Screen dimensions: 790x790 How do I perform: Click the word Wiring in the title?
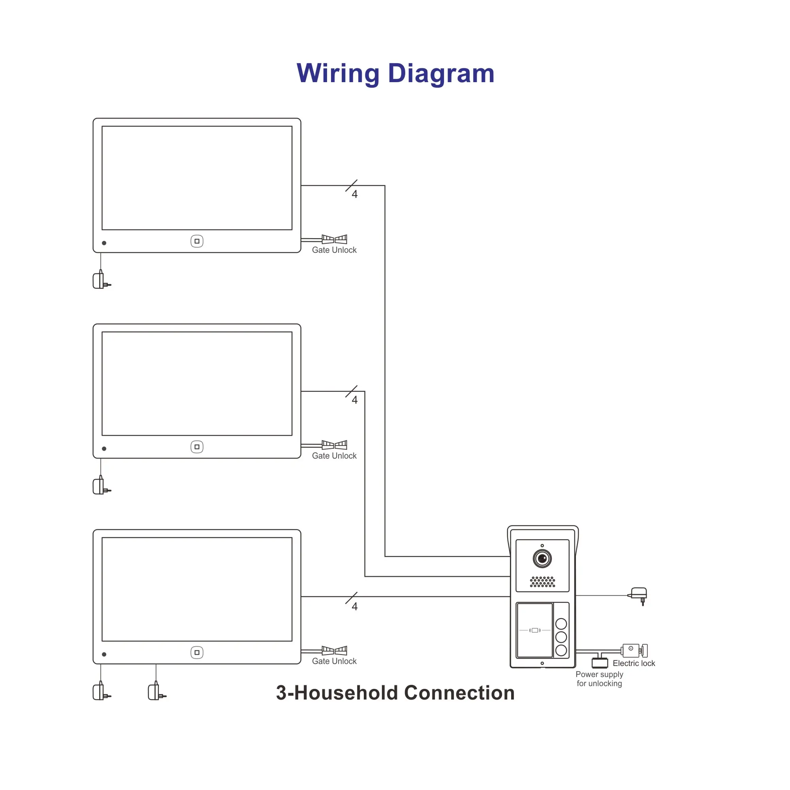pyautogui.click(x=338, y=73)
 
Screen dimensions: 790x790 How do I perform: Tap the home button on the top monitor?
pyautogui.click(x=197, y=241)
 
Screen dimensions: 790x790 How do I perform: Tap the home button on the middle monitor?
pyautogui.click(x=197, y=447)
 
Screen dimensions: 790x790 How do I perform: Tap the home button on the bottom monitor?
pyautogui.click(x=197, y=653)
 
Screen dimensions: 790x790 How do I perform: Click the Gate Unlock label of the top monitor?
pyautogui.click(x=334, y=250)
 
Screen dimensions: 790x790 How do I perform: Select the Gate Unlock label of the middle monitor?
pyautogui.click(x=334, y=456)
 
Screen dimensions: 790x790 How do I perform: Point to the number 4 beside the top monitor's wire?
pyautogui.click(x=355, y=194)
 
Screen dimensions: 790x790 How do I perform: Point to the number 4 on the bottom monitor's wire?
pyautogui.click(x=355, y=606)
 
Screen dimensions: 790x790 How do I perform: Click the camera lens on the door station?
pyautogui.click(x=542, y=559)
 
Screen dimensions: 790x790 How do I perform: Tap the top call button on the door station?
pyautogui.click(x=561, y=624)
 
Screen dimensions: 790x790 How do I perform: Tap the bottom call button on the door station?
pyautogui.click(x=561, y=651)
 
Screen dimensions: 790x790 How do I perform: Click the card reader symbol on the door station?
pyautogui.click(x=535, y=630)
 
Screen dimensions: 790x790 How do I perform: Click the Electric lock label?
pyautogui.click(x=634, y=663)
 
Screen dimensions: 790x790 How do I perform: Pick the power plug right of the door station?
pyautogui.click(x=639, y=594)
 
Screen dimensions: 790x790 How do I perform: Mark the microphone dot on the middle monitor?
pyautogui.click(x=104, y=449)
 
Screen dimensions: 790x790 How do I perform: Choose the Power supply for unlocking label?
pyautogui.click(x=600, y=679)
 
